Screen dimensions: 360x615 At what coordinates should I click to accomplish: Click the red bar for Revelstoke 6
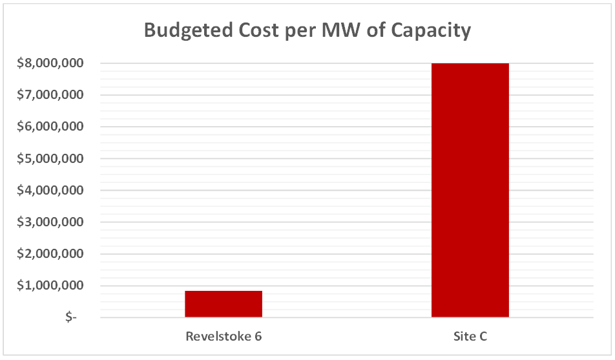point(224,304)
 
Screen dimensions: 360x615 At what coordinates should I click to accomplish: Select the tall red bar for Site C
point(470,190)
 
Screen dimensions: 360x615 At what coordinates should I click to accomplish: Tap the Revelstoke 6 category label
point(224,337)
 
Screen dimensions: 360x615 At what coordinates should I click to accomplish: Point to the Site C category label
point(470,337)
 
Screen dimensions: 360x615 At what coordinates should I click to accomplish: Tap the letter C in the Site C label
point(483,337)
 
